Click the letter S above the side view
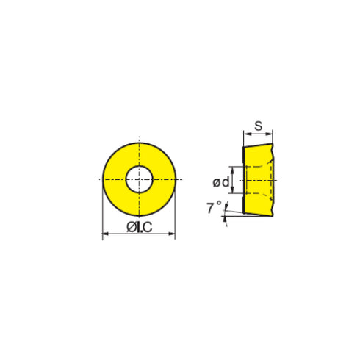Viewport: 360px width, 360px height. tap(258, 126)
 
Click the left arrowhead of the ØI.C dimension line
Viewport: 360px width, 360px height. tap(104, 235)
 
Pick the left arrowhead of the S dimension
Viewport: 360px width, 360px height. tap(245, 134)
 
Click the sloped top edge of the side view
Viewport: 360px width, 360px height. tap(257, 145)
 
